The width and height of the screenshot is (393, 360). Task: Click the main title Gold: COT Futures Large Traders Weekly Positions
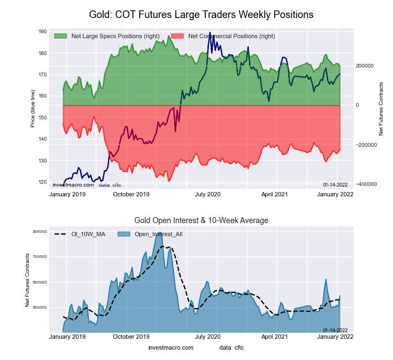point(201,15)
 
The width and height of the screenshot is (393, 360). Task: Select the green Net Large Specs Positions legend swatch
point(61,36)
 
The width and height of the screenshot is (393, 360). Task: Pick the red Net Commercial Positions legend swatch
point(177,36)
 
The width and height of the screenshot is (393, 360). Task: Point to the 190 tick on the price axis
point(43,32)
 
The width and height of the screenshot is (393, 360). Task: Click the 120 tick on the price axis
point(43,182)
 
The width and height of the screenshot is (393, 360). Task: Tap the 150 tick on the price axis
point(43,118)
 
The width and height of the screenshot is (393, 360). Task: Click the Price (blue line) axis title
point(33,106)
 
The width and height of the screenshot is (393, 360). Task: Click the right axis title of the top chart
point(381,109)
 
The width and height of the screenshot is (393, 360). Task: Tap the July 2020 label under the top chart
point(207,194)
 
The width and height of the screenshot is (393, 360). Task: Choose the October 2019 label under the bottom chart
point(131,337)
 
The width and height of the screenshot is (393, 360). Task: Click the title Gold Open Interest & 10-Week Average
point(201,220)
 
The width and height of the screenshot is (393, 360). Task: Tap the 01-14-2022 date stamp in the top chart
point(335,185)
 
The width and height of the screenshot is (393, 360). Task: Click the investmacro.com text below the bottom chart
point(170,347)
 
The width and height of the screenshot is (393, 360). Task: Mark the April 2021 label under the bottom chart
point(275,337)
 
